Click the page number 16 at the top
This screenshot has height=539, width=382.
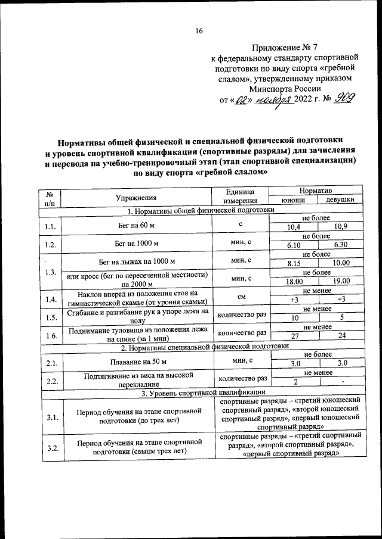199,31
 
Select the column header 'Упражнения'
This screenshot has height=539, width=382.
137,198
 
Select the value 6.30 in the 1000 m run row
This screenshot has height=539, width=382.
340,245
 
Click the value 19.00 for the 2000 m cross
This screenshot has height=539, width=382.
340,281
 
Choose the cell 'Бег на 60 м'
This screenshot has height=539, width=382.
137,225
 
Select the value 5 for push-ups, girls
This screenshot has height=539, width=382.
341,318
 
